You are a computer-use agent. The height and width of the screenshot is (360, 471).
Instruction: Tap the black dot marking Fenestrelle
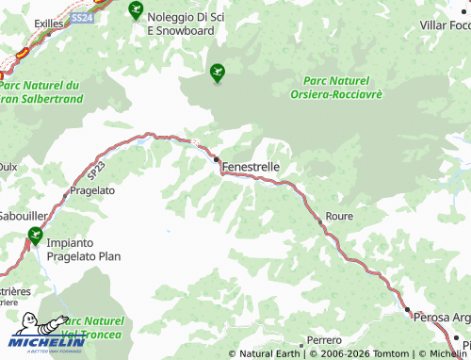pyautogui.click(x=217, y=158)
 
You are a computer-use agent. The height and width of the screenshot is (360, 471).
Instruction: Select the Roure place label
pyautogui.click(x=339, y=216)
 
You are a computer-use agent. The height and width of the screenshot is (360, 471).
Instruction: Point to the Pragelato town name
pyautogui.click(x=93, y=189)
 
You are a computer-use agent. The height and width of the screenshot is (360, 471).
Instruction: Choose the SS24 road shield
pyautogui.click(x=83, y=17)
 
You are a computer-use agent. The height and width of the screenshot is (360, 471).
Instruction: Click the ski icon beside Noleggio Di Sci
pyautogui.click(x=135, y=13)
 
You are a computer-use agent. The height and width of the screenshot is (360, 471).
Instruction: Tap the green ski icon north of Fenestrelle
pyautogui.click(x=219, y=70)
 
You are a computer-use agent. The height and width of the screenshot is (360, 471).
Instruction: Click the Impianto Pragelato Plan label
pyautogui.click(x=84, y=247)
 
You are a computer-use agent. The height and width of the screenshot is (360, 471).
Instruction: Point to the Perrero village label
pyautogui.click(x=325, y=339)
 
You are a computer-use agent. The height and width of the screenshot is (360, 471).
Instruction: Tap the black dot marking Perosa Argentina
pyautogui.click(x=408, y=309)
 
